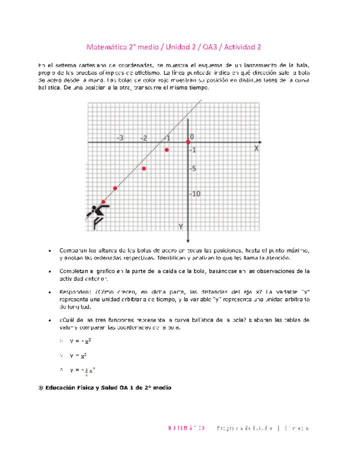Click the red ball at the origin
pos(188,142)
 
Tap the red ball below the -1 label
pos(166,150)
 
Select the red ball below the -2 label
pos(144,168)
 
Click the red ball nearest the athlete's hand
pos(103,202)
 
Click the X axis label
pos(256,148)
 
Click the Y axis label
pos(181,227)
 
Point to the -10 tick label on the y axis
pos(194,194)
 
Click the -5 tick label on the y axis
pos(192,168)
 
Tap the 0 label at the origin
pos(192,136)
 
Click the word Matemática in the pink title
pos(104,47)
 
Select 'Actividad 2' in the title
pos(242,47)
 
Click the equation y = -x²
pos(80,341)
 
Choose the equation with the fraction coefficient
pos(82,370)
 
